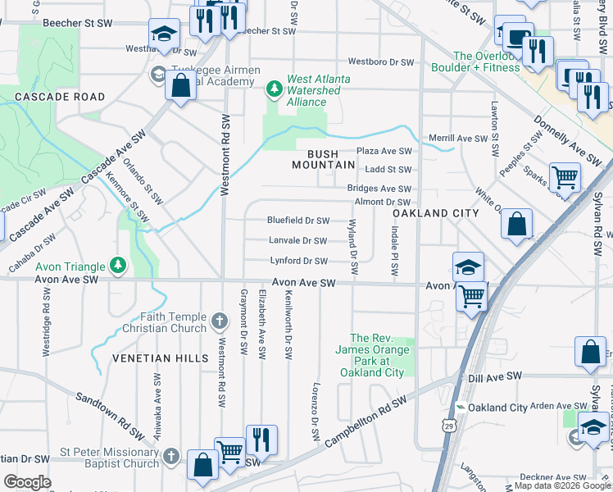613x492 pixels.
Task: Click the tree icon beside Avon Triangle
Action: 119,266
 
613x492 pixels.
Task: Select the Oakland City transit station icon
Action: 461,408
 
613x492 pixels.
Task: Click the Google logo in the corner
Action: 27,482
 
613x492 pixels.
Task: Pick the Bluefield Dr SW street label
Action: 298,221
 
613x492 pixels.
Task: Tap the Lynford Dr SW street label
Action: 298,262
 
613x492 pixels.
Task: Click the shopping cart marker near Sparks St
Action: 565,176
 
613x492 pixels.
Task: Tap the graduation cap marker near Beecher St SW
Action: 164,35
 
